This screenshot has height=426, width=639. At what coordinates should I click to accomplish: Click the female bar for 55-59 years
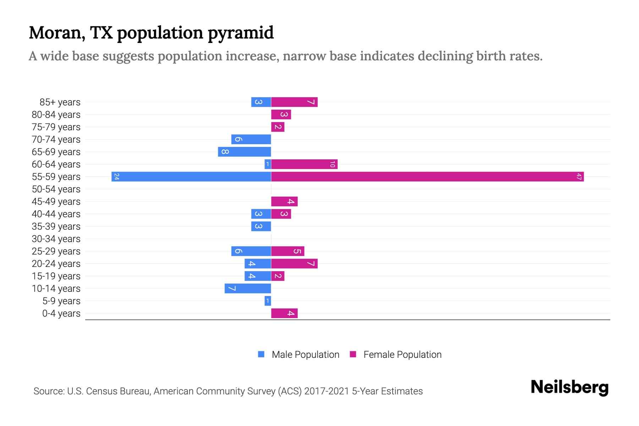(x=427, y=176)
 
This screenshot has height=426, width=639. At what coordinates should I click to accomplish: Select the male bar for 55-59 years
(x=191, y=176)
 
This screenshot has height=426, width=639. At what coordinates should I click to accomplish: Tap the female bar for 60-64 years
(x=304, y=164)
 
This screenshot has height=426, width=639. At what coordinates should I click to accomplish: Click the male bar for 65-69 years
(x=245, y=152)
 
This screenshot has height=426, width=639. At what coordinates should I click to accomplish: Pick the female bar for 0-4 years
(x=284, y=313)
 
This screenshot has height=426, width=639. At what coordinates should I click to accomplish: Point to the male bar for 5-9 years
(x=268, y=301)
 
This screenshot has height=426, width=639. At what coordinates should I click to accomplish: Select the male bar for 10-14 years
(x=248, y=288)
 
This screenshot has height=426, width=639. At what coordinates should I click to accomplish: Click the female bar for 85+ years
(x=294, y=102)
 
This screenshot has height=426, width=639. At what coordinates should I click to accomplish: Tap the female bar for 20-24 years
(x=294, y=263)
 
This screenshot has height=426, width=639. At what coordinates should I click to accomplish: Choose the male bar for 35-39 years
(x=261, y=226)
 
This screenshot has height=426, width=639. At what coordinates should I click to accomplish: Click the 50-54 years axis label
(x=56, y=189)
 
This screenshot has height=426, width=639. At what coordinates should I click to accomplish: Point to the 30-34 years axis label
(x=56, y=239)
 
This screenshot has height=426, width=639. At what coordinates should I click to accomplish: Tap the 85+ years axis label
(x=60, y=102)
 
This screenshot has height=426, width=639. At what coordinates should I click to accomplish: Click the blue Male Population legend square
(x=261, y=354)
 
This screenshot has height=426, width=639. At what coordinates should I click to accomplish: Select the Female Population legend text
(x=402, y=355)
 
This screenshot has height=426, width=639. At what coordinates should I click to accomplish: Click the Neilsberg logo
(x=569, y=387)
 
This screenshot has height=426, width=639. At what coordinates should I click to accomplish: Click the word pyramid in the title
(x=241, y=33)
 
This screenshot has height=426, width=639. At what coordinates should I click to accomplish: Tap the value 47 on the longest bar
(x=579, y=176)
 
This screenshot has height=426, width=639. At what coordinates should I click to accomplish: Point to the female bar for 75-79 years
(x=278, y=127)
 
